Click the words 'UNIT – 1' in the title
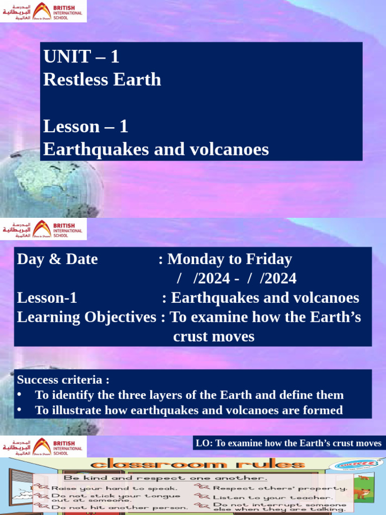(81, 57)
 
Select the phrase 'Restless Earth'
(102, 80)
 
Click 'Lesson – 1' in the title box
(85, 126)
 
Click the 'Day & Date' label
(57, 260)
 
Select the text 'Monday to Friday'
(229, 260)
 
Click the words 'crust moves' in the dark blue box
(214, 336)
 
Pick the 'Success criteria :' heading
(63, 379)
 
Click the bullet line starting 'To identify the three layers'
(189, 395)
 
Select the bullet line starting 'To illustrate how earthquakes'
(189, 410)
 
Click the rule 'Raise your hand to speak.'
(115, 488)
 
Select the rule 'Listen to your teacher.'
(272, 497)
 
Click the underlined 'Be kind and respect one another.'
(165, 478)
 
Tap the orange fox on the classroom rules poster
(362, 492)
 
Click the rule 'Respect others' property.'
(280, 488)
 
